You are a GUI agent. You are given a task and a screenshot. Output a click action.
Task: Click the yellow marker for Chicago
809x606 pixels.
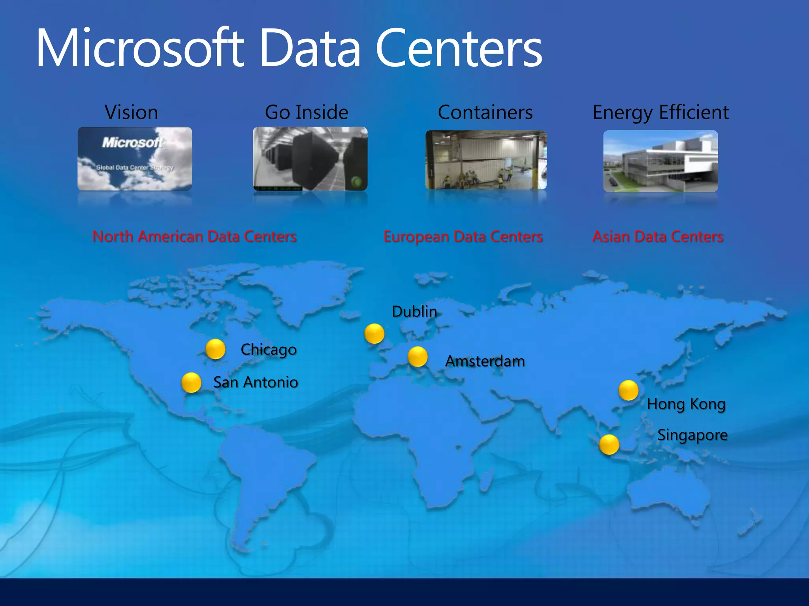(x=215, y=349)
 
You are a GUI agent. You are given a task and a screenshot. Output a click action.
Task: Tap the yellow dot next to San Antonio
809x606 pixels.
(x=191, y=383)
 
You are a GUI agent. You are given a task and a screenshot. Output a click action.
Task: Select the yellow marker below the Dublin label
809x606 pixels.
(x=374, y=334)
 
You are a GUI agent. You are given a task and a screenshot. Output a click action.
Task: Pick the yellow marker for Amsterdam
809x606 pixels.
(x=418, y=357)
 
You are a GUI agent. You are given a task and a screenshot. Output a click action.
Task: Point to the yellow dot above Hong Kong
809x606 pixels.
(x=628, y=390)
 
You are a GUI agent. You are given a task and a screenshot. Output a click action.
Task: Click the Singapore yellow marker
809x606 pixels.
(x=609, y=444)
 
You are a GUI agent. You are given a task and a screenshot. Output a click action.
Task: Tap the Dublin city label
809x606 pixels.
(x=414, y=312)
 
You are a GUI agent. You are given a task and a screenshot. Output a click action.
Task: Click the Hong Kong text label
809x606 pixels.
(x=686, y=404)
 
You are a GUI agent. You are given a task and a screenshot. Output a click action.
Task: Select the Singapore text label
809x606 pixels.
(x=692, y=435)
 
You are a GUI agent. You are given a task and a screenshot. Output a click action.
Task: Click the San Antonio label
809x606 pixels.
(x=256, y=382)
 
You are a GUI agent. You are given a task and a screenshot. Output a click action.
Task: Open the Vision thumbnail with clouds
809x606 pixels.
(x=135, y=159)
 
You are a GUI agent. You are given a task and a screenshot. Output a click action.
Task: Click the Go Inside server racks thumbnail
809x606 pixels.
(x=310, y=159)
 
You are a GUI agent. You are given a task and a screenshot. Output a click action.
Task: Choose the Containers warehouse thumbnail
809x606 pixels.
(x=486, y=160)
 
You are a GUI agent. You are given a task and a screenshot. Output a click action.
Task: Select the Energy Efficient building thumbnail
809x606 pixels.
(x=660, y=161)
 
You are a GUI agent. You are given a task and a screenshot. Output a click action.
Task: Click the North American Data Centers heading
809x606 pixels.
(x=194, y=237)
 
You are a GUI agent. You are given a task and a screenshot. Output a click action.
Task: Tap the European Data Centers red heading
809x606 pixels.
(x=463, y=237)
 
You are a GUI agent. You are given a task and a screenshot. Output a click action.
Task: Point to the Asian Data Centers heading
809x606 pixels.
(x=658, y=237)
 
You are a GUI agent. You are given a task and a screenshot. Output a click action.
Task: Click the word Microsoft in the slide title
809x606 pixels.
(x=140, y=48)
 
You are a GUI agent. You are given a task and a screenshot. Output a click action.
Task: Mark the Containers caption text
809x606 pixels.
(x=485, y=112)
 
